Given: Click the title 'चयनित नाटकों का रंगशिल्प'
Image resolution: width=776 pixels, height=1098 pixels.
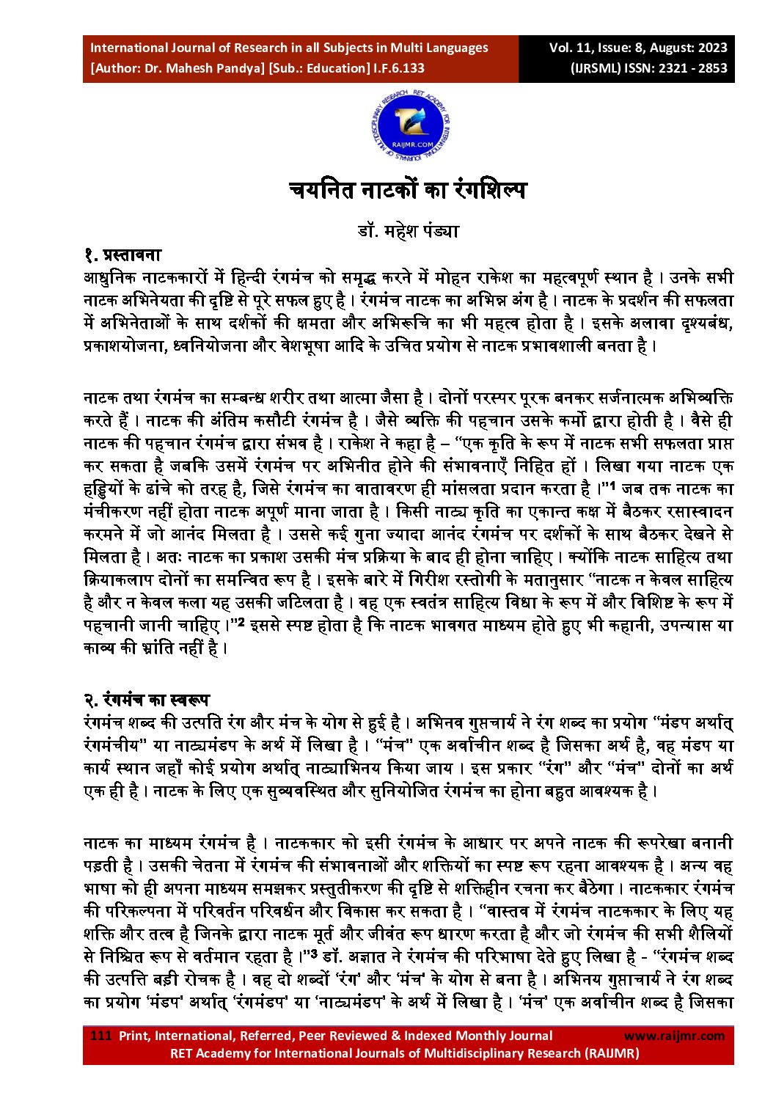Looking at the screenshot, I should [x=408, y=191].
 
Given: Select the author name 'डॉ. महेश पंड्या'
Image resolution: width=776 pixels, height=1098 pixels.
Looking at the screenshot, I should [x=408, y=231].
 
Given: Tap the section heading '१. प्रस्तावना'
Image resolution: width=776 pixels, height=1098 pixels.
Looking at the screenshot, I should [x=122, y=255].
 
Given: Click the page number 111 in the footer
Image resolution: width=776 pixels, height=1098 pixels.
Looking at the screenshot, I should [x=100, y=1036].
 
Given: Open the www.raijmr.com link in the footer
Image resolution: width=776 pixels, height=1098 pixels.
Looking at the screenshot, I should [x=673, y=1036].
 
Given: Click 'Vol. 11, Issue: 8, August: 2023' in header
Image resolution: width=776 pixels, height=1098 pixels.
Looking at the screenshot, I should [x=638, y=48].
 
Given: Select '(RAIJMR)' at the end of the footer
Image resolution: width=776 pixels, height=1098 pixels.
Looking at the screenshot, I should [x=612, y=1053].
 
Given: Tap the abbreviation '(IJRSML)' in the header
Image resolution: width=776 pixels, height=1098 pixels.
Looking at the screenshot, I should [x=596, y=68].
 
